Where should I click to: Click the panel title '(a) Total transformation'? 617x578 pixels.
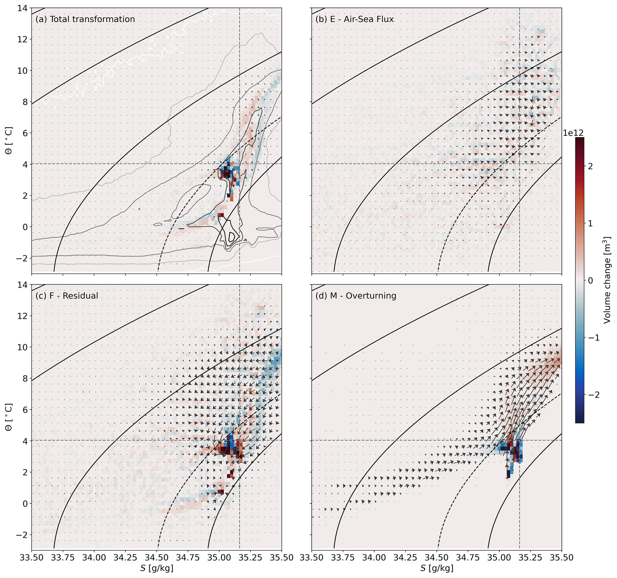85,19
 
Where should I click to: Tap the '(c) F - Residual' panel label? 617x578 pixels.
67,296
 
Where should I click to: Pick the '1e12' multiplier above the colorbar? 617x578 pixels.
573,133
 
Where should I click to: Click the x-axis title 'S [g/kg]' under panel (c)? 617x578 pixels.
157,568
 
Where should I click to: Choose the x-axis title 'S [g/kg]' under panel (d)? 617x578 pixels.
437,568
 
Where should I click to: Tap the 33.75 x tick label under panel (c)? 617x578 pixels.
63,557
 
